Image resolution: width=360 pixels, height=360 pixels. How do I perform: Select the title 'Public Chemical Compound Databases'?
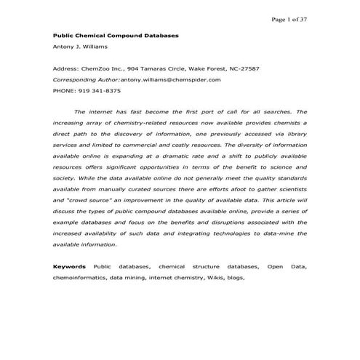point(116,35)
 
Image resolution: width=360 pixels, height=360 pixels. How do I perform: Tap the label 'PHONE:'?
point(66,91)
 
